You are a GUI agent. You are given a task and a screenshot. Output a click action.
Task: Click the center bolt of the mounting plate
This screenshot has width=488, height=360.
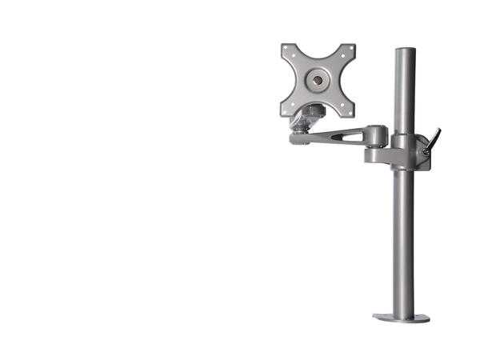[318, 80]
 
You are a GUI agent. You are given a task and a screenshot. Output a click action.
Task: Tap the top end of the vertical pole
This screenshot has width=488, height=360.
[405, 51]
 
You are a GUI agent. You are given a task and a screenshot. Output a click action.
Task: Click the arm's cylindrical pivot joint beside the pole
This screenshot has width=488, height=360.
[377, 136]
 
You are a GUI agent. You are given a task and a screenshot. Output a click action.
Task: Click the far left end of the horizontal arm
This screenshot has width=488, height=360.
[294, 139]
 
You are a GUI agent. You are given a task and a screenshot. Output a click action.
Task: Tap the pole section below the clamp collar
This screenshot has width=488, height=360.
[404, 240]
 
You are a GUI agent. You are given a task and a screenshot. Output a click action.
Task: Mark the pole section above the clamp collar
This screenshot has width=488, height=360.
[405, 92]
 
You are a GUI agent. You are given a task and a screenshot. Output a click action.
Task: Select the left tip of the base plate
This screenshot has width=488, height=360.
[375, 318]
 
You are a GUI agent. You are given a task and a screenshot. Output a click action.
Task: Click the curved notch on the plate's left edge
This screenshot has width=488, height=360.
[292, 80]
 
